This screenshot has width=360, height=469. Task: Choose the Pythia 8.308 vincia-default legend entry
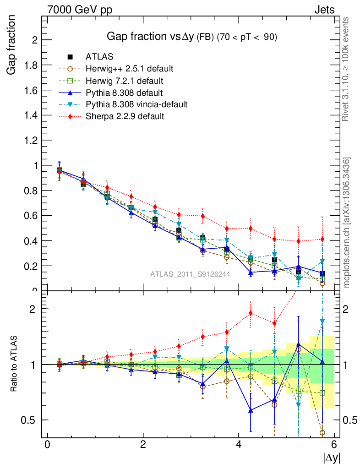pos(136,104)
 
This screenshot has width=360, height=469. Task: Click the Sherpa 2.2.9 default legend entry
pos(125,116)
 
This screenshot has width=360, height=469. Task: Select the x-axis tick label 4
pos(239,445)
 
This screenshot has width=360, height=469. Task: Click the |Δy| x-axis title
pos(332,458)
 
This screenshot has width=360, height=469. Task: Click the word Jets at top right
pos(324,10)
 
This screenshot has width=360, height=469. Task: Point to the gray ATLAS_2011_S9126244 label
pos(190,274)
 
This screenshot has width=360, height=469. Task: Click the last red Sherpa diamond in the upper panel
pos(322,239)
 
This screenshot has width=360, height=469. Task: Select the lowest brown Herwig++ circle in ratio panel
pos(322,433)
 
